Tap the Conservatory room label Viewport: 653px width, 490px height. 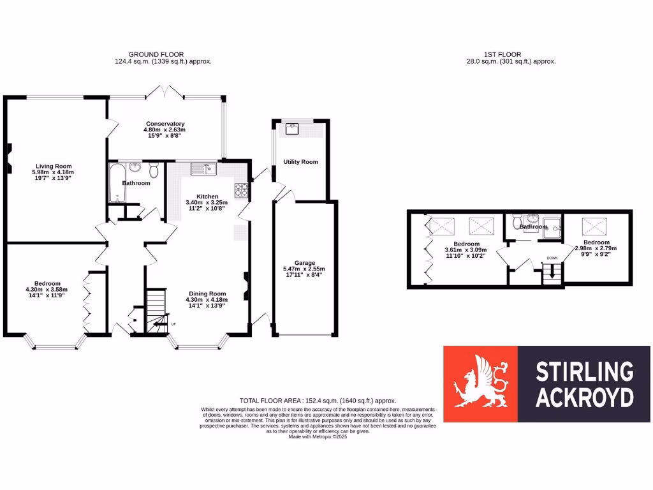165,124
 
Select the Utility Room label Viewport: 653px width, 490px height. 300,162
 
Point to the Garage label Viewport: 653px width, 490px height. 304,263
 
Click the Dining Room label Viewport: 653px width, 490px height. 205,293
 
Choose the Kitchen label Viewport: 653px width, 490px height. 207,197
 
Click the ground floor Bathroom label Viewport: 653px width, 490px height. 136,183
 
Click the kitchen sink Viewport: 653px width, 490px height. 204,169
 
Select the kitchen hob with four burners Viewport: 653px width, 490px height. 242,189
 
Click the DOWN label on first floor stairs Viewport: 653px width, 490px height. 552,258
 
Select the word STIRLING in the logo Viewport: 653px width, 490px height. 583,371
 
